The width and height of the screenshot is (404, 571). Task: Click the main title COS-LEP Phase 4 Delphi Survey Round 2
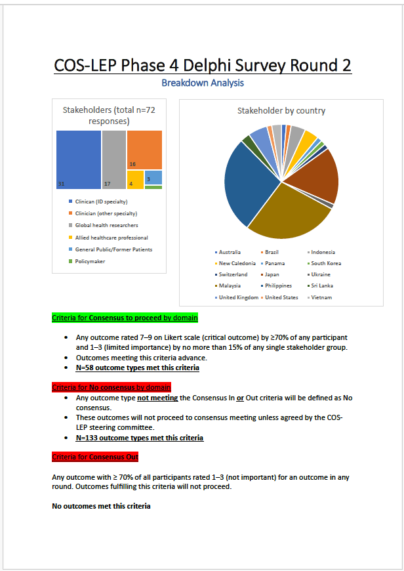point(202,66)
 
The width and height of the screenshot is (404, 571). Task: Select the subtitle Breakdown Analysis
point(202,83)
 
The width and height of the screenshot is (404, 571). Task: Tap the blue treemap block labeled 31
point(78,159)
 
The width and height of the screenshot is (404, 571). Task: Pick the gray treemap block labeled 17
point(113,159)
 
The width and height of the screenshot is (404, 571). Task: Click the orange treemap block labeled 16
point(144,150)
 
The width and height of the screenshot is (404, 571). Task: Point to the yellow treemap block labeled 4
point(135,179)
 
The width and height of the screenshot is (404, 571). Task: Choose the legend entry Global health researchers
point(102,225)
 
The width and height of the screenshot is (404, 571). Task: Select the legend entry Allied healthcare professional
point(106,238)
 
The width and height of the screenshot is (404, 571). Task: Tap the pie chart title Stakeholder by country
point(281,111)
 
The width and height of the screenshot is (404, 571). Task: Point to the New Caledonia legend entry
point(237,263)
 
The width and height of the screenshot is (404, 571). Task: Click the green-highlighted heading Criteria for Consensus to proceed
point(125,318)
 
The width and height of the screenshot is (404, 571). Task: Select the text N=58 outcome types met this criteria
point(138,368)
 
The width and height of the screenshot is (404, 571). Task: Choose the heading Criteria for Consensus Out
point(95,457)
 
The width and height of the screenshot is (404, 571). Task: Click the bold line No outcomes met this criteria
point(102,506)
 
